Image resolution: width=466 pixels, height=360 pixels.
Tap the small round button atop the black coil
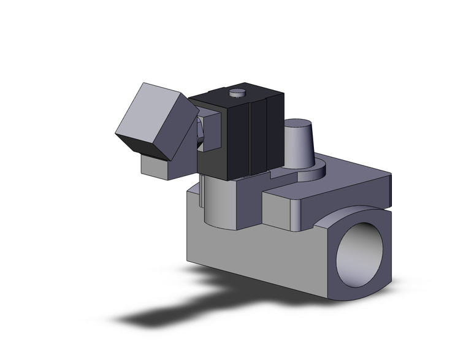tap(237, 93)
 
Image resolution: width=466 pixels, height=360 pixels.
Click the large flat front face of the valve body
tap(258, 251)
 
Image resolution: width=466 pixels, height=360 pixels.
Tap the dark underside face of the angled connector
tap(138, 144)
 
